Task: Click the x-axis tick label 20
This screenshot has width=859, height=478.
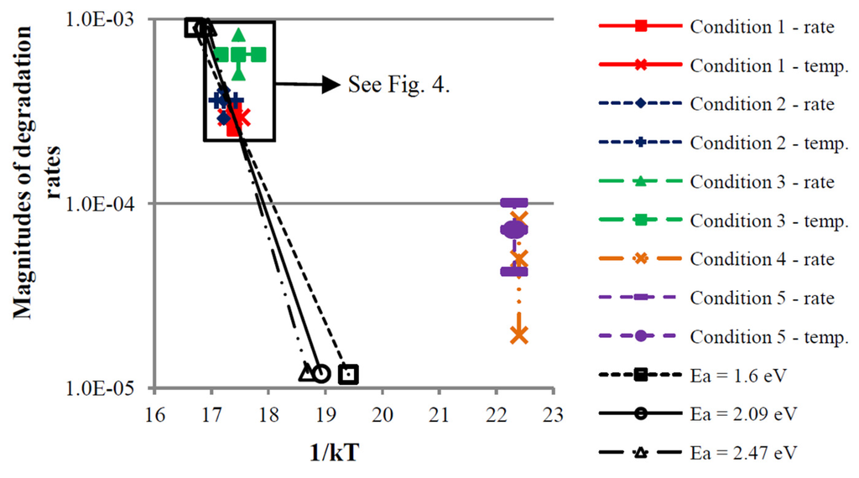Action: (382, 413)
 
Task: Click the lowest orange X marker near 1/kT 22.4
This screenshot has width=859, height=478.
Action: (519, 335)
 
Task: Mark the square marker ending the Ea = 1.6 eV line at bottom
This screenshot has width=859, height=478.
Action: (349, 374)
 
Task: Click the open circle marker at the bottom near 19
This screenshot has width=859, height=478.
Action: (320, 373)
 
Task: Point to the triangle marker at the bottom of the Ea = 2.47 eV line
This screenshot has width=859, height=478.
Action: (306, 371)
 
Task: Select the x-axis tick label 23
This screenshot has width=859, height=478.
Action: (553, 413)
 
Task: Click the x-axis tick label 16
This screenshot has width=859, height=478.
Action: (154, 413)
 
